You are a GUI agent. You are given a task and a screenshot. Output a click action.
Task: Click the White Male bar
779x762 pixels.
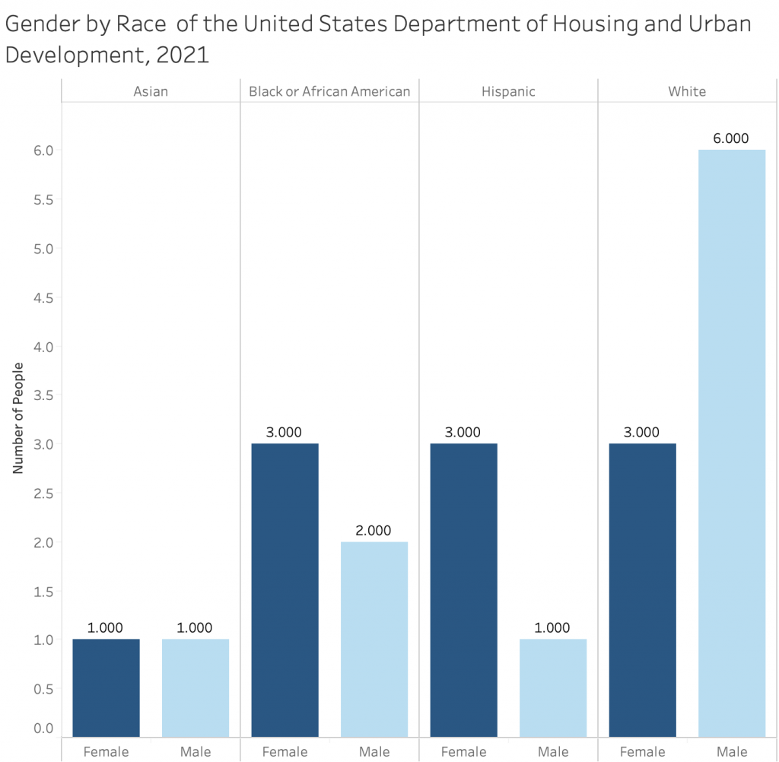[731, 443]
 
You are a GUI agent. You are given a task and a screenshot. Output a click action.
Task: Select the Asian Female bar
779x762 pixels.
[107, 687]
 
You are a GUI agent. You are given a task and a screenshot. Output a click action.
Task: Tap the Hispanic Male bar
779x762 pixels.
[553, 687]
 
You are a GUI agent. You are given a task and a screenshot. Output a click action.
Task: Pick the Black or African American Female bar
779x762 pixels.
[285, 589]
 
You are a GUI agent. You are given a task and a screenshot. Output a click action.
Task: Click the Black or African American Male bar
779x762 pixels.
[374, 639]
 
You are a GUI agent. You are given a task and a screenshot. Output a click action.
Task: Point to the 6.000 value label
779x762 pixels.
[731, 138]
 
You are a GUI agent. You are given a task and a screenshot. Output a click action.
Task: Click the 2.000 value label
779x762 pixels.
[374, 531]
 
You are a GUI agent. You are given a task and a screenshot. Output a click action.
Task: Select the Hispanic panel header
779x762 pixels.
[508, 91]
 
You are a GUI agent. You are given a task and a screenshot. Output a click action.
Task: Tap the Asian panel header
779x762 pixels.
[151, 91]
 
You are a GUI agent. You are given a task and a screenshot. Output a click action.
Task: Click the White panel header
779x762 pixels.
[687, 91]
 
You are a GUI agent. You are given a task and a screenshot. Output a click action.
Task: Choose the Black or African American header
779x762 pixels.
[329, 91]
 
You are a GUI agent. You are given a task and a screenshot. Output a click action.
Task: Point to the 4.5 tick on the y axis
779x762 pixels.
[43, 297]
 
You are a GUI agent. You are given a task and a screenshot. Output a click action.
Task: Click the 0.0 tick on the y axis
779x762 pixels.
[43, 729]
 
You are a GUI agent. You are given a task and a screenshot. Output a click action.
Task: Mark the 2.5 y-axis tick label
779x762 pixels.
[43, 494]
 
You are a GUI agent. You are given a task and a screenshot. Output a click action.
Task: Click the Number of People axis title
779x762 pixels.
[18, 418]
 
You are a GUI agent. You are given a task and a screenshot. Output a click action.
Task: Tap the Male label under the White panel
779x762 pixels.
[731, 752]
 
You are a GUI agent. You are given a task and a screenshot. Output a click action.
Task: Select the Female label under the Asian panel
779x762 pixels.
[107, 752]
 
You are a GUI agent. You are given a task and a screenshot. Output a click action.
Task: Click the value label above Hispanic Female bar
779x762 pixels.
[463, 432]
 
